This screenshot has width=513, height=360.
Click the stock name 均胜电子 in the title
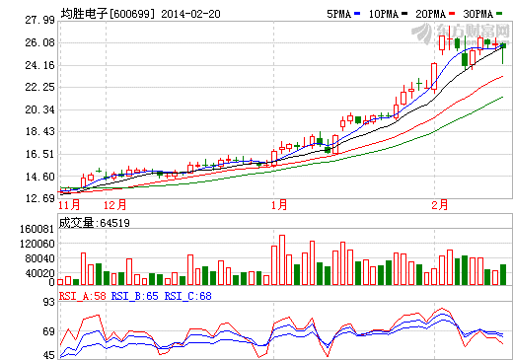83,14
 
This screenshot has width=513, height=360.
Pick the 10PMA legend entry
386,14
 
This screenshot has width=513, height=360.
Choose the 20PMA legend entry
435,14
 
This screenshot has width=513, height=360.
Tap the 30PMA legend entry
485,14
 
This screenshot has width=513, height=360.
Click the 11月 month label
69,205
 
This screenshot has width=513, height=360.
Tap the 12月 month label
116,205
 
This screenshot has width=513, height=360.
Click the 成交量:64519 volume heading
95,223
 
